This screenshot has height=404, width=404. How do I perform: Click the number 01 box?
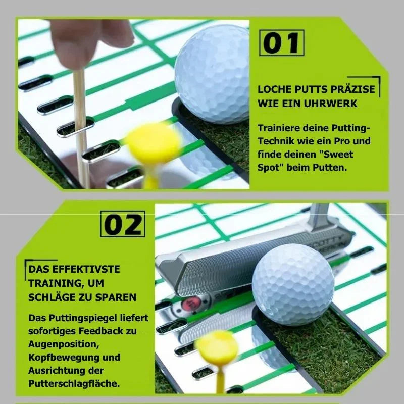tap(282, 43)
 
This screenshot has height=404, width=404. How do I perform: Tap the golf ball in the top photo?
tap(213, 73)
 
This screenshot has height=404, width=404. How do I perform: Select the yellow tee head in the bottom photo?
tap(216, 348)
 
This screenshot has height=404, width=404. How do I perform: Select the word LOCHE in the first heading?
tap(273, 89)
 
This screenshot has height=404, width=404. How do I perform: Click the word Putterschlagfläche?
tap(74, 383)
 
